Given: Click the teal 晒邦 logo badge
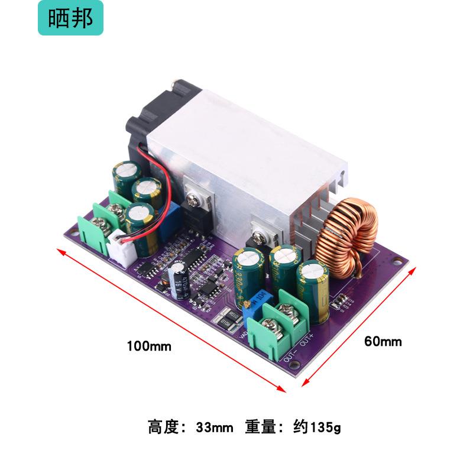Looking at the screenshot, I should [x=70, y=18].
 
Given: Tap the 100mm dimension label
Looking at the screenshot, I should [x=149, y=346].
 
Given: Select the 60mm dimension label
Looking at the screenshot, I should [x=383, y=341].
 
